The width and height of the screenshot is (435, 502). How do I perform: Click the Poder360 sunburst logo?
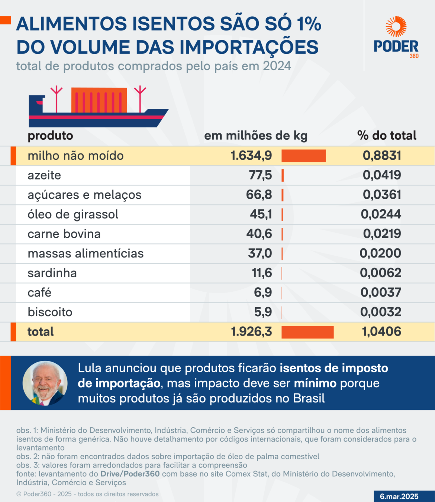point(396,27)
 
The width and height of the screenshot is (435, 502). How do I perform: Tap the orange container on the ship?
point(99,100)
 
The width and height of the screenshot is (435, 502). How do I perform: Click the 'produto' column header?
point(50,136)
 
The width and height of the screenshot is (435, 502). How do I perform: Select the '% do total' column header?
point(387,136)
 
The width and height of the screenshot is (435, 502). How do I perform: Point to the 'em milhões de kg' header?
point(256,136)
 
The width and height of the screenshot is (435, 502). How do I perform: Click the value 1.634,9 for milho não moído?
point(251,156)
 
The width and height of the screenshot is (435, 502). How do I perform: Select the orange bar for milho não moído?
point(303,156)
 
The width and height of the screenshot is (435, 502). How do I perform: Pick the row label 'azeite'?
point(44,175)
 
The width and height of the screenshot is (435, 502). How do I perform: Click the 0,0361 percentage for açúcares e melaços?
point(382,195)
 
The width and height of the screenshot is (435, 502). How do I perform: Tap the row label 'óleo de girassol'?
point(73,214)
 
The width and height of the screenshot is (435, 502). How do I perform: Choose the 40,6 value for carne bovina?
point(259,234)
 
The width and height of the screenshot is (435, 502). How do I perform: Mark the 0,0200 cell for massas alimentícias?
point(380,253)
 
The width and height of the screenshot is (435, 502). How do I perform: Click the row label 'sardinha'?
point(52,273)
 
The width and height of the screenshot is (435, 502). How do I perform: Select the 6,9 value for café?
point(263,292)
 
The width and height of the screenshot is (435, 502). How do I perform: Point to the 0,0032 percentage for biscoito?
point(381,312)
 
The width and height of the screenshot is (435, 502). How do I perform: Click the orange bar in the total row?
point(307,332)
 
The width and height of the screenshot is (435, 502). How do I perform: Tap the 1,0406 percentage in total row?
point(381,332)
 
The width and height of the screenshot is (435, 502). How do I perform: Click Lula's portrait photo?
point(45,383)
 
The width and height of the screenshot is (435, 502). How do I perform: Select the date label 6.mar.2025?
point(399,496)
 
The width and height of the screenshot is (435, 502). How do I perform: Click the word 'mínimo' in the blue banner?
point(315,383)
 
